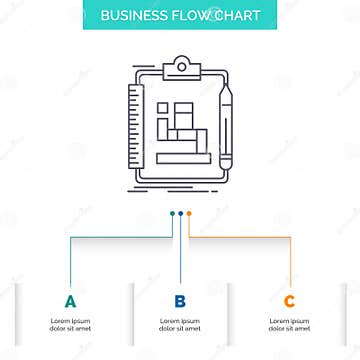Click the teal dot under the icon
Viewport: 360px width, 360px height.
171,212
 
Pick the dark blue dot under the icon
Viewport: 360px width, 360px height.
180,212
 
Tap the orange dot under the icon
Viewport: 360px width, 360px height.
189,212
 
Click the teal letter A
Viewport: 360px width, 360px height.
70,301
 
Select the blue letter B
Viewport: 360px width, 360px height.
180,301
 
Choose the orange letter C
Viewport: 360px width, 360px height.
290,301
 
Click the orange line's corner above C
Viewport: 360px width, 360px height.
290,237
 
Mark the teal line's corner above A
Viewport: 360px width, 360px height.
70,237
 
